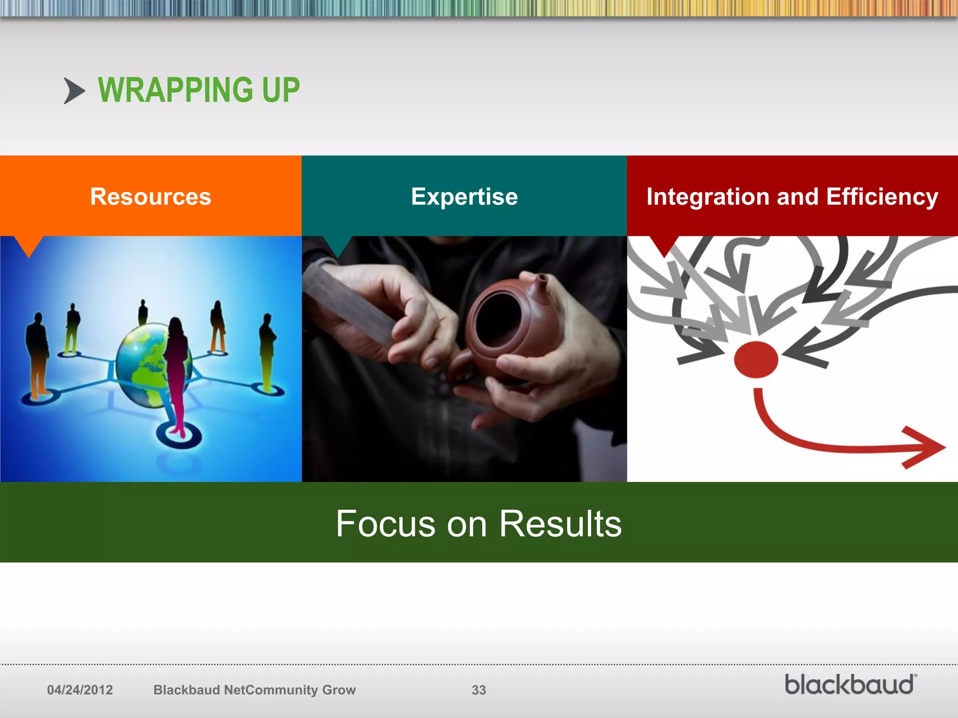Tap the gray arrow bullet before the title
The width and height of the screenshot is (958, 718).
(x=74, y=91)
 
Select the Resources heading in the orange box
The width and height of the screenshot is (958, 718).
(x=151, y=196)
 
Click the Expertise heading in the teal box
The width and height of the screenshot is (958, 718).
(x=464, y=196)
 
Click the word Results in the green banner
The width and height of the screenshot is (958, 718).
(x=560, y=524)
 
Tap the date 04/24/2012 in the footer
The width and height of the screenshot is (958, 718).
(x=80, y=690)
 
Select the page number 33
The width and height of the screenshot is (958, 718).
(x=479, y=690)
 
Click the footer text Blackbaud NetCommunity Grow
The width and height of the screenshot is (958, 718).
(x=254, y=690)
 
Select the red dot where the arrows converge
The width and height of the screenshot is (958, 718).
(x=755, y=359)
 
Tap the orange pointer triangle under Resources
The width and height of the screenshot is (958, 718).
(x=29, y=245)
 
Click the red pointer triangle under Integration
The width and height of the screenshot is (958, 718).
(x=664, y=245)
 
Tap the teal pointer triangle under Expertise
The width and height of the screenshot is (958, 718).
(x=337, y=245)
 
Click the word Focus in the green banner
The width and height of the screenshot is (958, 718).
(x=385, y=524)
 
